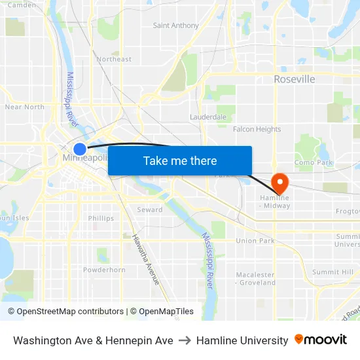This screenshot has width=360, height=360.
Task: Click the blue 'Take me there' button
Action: pyautogui.click(x=180, y=160)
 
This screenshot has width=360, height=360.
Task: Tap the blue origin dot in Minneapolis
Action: pyautogui.click(x=80, y=149)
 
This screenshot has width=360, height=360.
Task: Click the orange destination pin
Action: pyautogui.click(x=281, y=183)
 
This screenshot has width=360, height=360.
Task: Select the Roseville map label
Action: pyautogui.click(x=294, y=79)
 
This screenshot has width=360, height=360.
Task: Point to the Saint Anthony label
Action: pyautogui.click(x=175, y=26)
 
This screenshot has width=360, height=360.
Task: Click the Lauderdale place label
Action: pyautogui.click(x=208, y=117)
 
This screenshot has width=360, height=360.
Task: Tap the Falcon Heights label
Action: pyautogui.click(x=257, y=130)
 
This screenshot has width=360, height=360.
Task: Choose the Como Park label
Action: pyautogui.click(x=314, y=162)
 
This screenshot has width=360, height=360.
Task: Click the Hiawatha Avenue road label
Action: pyautogui.click(x=146, y=259)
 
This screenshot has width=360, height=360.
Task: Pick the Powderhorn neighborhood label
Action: pyautogui.click(x=104, y=270)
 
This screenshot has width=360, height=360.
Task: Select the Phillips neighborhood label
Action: pyautogui.click(x=101, y=219)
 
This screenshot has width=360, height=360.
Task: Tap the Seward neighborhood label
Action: pyautogui.click(x=150, y=210)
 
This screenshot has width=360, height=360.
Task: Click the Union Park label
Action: pyautogui.click(x=255, y=241)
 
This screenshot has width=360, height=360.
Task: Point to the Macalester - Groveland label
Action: pyautogui.click(x=256, y=279)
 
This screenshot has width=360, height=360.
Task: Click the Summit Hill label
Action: pyautogui.click(x=333, y=272)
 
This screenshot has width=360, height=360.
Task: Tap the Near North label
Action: pyautogui.click(x=24, y=107)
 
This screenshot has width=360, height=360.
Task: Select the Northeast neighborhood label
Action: pyautogui.click(x=114, y=59)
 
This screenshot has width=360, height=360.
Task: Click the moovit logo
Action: pyautogui.click(x=321, y=340)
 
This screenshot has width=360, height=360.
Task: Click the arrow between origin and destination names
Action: pyautogui.click(x=185, y=340)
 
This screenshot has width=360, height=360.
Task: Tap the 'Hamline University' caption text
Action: pyautogui.click(x=242, y=340)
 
